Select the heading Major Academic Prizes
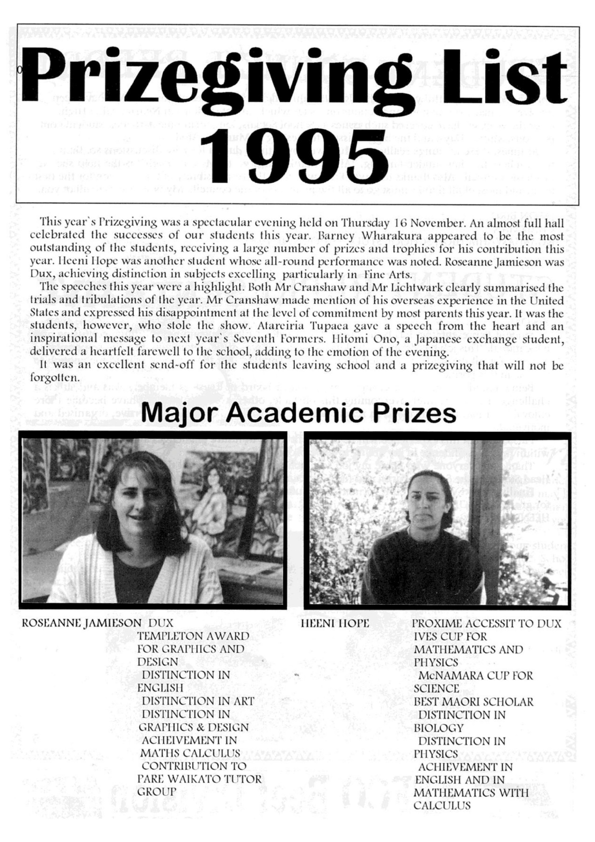[x=298, y=413]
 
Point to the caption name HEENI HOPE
[x=334, y=623]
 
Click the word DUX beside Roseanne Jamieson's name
[x=161, y=623]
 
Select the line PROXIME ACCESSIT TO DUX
[x=486, y=623]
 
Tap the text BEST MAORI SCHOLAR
[x=473, y=702]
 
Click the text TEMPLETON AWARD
[x=193, y=636]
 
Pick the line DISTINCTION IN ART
[x=198, y=701]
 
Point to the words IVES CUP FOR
[x=450, y=636]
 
